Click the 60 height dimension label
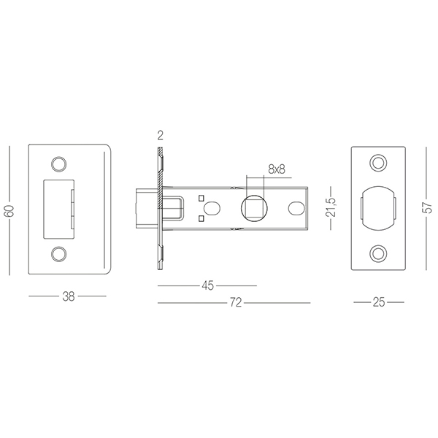9,211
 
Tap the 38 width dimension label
68,296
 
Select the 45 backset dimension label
208,285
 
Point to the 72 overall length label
236,302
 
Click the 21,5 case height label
331,207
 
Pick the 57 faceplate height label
427,207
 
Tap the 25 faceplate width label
378,302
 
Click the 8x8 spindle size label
277,169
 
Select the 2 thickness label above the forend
160,136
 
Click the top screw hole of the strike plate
58,164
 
